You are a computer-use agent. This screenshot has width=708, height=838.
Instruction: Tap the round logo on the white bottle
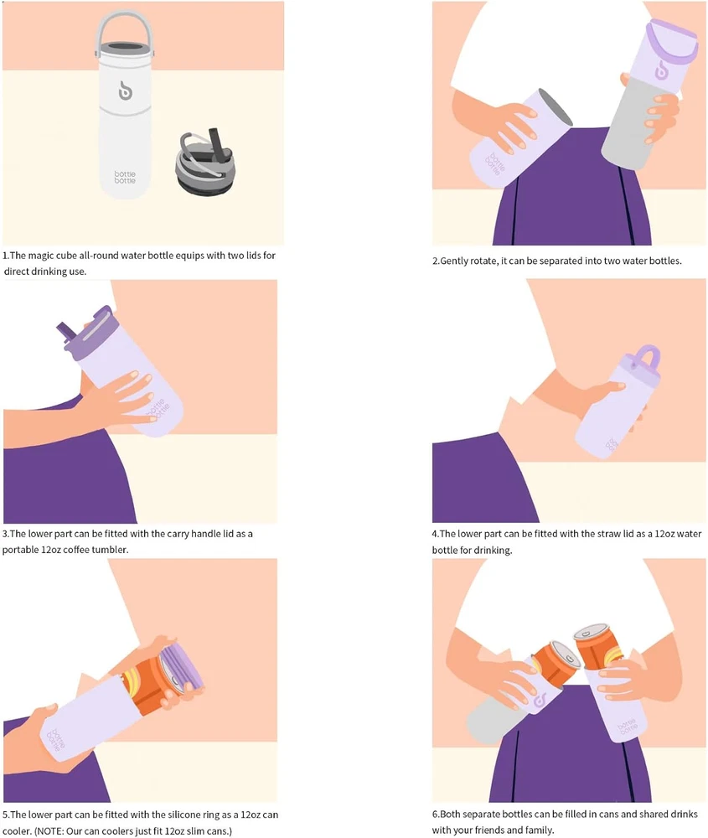click(x=125, y=91)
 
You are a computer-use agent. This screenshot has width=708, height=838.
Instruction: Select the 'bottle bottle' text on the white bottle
click(x=125, y=178)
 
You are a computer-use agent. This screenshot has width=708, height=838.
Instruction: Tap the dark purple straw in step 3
click(x=67, y=332)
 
